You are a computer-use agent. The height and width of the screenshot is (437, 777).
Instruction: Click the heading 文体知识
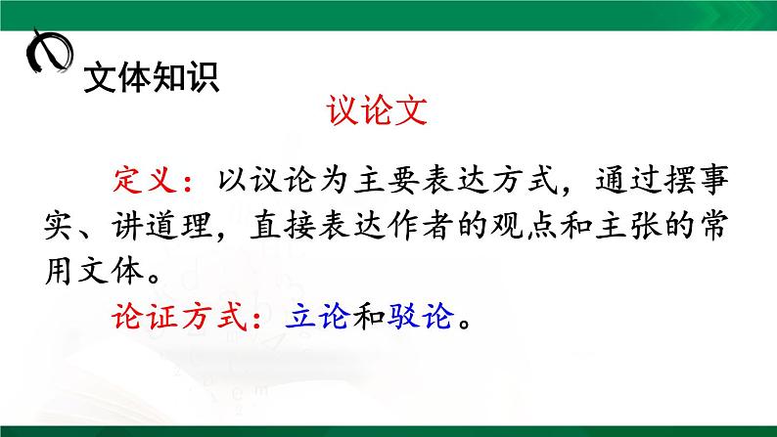coord(152,77)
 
